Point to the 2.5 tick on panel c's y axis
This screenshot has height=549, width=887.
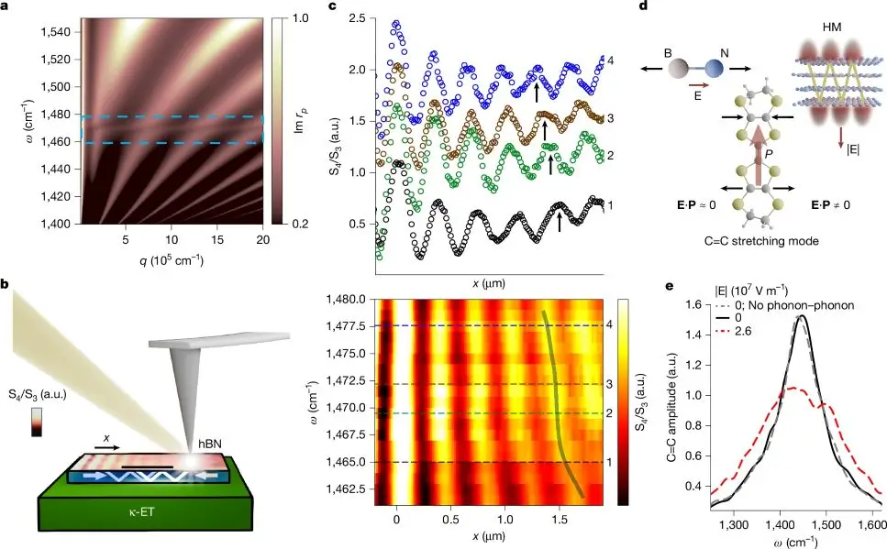[x=356, y=18]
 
